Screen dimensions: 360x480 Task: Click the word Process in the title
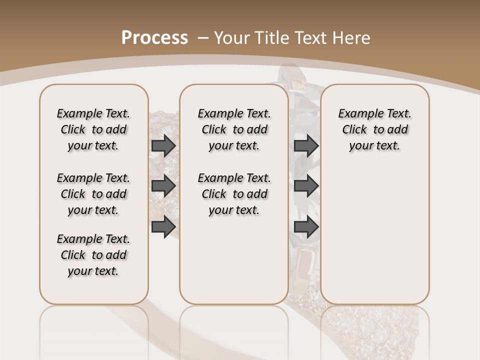[154, 37]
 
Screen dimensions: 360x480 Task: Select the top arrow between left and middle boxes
[163, 145]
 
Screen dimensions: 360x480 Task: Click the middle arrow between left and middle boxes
[163, 186]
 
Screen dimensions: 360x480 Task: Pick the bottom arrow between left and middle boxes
[163, 227]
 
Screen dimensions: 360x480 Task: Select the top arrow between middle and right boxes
[306, 145]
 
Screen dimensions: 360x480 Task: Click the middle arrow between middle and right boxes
[306, 186]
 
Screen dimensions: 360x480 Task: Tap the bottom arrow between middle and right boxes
[306, 227]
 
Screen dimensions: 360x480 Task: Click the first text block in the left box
[93, 129]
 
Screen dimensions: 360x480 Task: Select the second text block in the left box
[93, 194]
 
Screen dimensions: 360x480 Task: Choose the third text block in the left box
[93, 255]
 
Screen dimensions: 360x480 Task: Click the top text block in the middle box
[234, 129]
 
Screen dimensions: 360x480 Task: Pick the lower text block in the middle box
[234, 194]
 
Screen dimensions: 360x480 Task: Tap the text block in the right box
[374, 129]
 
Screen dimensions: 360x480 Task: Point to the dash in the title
[203, 37]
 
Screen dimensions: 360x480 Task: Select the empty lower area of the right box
[374, 230]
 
